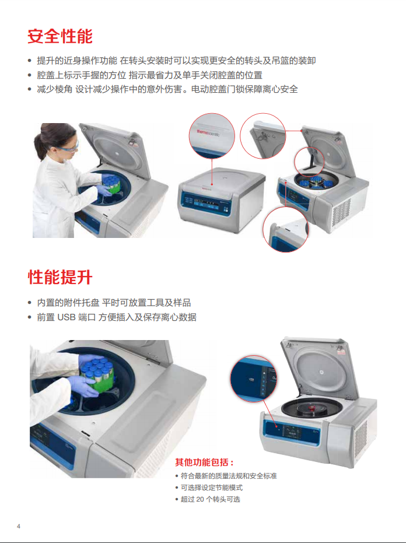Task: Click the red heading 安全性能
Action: pyautogui.click(x=60, y=37)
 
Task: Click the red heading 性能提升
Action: pyautogui.click(x=60, y=277)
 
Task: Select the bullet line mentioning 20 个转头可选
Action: pyautogui.click(x=210, y=499)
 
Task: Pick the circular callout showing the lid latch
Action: pyautogui.click(x=262, y=135)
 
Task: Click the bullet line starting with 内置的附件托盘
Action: pyautogui.click(x=114, y=303)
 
